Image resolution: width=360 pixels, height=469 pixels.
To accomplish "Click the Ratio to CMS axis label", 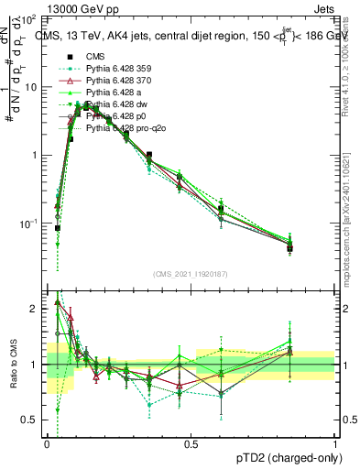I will coord(12,365).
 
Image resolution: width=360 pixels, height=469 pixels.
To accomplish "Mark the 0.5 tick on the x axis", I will coord(191,443).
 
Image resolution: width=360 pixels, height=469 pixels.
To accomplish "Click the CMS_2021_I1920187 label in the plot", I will coord(191,274).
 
